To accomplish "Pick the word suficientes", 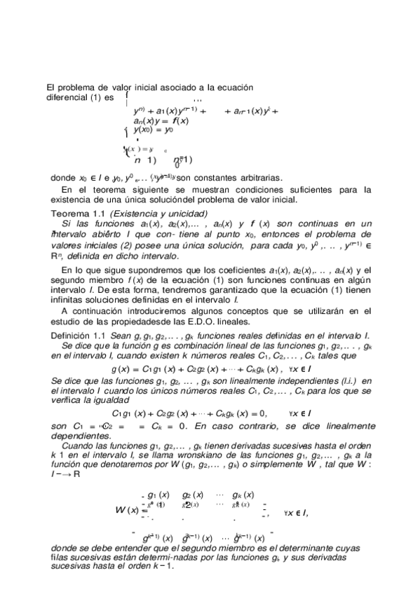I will (x=297, y=189).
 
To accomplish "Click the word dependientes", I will (x=74, y=434).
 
